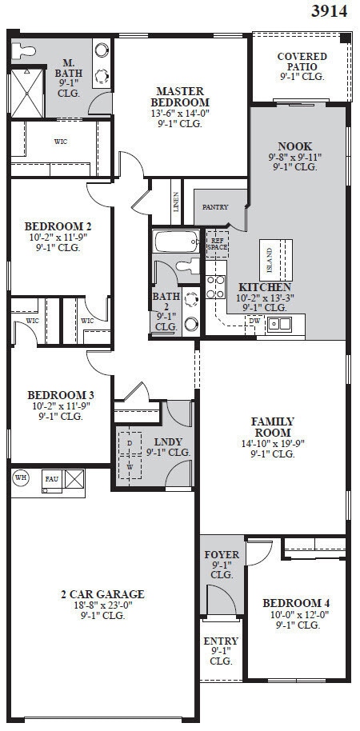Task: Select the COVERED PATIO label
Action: coord(302,62)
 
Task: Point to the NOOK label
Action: coord(294,146)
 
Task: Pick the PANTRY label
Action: coord(214,207)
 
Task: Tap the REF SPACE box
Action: coord(218,243)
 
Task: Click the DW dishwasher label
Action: coord(254,321)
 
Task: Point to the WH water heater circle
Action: coord(21,478)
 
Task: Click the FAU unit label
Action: coord(51,479)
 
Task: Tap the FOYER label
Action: coord(221,555)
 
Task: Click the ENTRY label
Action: coord(221,641)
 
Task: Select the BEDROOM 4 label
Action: coord(295,603)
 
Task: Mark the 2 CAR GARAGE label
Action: coord(102,594)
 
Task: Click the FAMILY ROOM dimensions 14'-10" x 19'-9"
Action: coord(272,443)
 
